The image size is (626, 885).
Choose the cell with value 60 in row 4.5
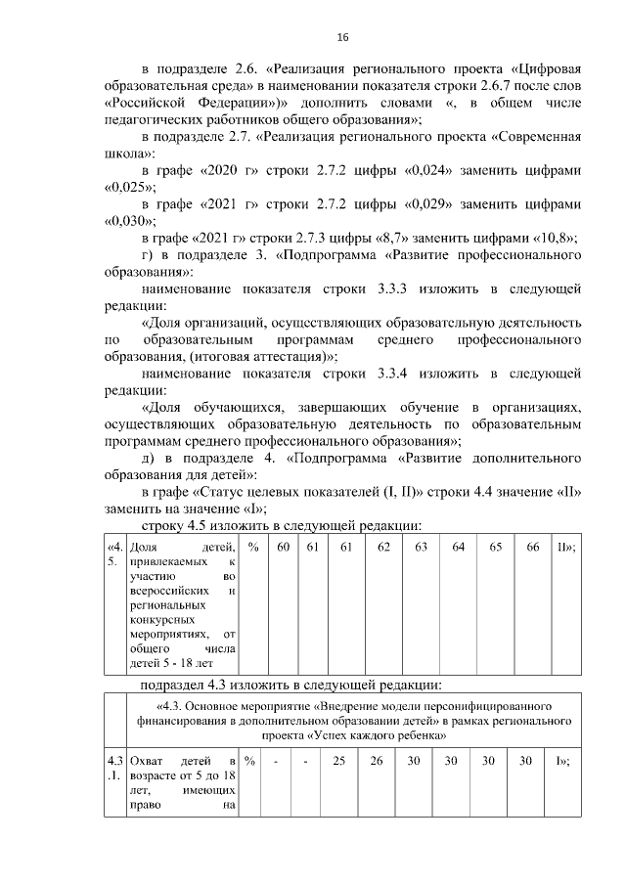[283, 547]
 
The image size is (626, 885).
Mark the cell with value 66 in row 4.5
[532, 547]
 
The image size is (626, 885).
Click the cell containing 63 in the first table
[422, 547]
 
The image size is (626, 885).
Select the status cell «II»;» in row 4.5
[564, 547]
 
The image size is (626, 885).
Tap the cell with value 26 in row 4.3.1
[377, 761]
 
